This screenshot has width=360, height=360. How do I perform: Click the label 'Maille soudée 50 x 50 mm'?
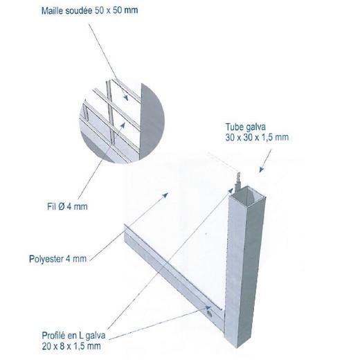89,10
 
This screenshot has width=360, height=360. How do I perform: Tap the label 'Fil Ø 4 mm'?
67,206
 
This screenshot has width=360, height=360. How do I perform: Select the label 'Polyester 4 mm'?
57,259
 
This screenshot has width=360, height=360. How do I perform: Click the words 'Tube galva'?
246,127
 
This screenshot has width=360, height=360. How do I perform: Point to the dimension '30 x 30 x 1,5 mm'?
257,138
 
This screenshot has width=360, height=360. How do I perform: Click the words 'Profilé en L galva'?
73,335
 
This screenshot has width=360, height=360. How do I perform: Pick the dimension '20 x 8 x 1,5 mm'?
71,346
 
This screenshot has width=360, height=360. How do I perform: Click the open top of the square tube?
249,193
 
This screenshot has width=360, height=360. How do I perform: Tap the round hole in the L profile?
210,314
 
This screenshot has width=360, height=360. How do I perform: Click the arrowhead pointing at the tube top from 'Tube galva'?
261,169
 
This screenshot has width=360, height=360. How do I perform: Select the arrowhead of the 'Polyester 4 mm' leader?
165,195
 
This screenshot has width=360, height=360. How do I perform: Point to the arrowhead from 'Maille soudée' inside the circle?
126,98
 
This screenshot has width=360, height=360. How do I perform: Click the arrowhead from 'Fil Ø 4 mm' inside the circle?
123,125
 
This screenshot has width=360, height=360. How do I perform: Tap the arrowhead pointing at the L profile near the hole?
208,308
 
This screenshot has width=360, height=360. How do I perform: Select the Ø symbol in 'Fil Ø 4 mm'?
61,206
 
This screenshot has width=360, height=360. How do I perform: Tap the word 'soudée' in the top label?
79,10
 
